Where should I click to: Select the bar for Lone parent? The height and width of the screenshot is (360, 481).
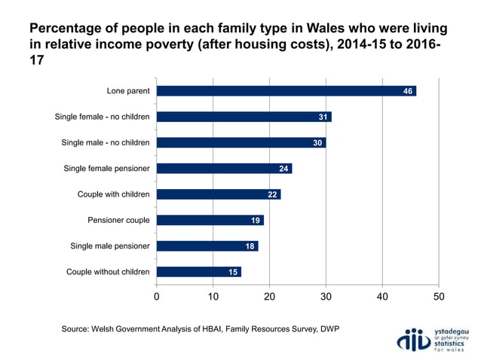tap(286, 91)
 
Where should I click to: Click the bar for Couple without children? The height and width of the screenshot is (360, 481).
tap(199, 272)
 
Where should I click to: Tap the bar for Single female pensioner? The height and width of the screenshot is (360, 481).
tap(224, 169)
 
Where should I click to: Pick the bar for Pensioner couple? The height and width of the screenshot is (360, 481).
tap(210, 221)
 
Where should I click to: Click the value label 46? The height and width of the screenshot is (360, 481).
tap(408, 91)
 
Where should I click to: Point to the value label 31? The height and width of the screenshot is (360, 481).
tap(323, 117)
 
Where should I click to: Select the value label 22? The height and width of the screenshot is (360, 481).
tap(273, 194)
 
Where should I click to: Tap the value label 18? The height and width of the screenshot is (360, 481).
tap(250, 246)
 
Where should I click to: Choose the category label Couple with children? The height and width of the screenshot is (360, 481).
tap(113, 194)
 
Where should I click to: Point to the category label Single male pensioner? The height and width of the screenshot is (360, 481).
tap(110, 246)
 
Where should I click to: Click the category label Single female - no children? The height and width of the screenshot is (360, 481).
tap(103, 117)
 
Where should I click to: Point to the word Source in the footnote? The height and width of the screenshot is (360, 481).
tap(78, 329)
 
